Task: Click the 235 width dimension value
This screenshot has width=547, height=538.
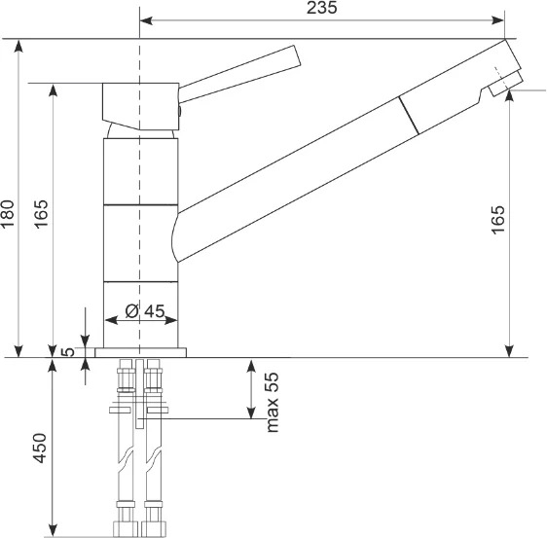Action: pyautogui.click(x=321, y=8)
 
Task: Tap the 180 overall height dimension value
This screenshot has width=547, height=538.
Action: pyautogui.click(x=8, y=213)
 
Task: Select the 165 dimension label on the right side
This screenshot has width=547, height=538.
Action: pyautogui.click(x=497, y=220)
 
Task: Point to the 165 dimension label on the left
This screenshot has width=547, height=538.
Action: pyautogui.click(x=41, y=214)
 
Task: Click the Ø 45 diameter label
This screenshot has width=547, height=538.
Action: pyautogui.click(x=145, y=311)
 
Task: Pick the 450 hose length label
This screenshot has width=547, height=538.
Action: pyautogui.click(x=40, y=448)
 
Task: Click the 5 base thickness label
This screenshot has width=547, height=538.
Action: pyautogui.click(x=68, y=352)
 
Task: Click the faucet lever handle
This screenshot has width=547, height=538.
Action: pyautogui.click(x=239, y=74)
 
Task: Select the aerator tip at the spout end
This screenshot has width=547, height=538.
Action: pyautogui.click(x=506, y=84)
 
